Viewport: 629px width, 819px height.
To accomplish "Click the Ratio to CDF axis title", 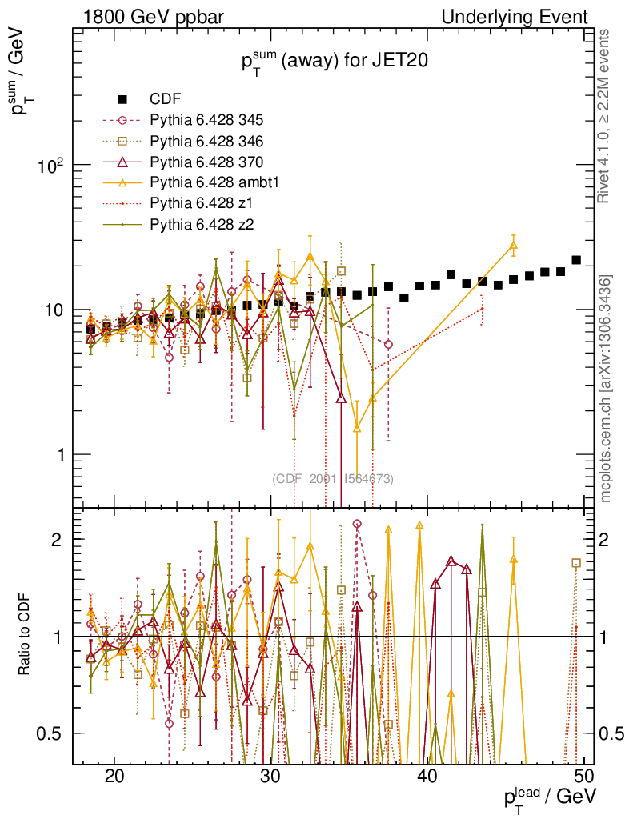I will tap(25, 636).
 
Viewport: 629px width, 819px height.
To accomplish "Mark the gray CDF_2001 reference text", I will tap(332, 479).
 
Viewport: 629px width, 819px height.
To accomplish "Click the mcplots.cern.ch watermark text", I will tap(607, 389).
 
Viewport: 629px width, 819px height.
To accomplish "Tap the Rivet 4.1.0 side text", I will tap(607, 116).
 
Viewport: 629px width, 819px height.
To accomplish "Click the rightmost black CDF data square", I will tap(576, 260).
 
